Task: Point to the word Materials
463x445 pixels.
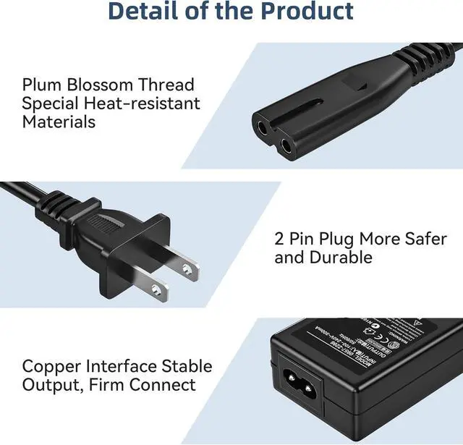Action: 59,122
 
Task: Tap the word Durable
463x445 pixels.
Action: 341,258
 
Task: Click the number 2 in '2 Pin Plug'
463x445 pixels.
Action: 280,239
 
